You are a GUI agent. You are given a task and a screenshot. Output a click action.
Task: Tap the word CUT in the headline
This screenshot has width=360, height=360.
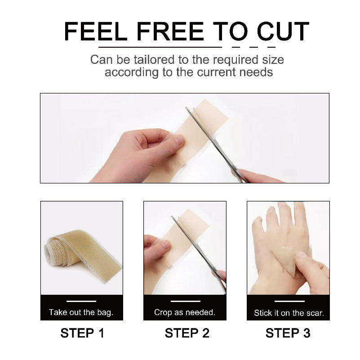(x=283, y=32)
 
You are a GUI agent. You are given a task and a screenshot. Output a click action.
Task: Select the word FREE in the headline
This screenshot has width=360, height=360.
(x=170, y=32)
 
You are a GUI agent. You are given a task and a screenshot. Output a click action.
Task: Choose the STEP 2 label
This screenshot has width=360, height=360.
(x=187, y=333)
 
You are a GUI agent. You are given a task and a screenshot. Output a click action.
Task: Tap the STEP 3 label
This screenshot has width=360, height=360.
(x=288, y=333)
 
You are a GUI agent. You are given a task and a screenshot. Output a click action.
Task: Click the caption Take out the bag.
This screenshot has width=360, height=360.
(x=81, y=312)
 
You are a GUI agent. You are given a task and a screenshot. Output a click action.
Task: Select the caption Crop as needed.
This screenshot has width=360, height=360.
(x=185, y=312)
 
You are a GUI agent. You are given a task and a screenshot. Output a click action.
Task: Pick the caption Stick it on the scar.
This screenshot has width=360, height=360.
(x=289, y=313)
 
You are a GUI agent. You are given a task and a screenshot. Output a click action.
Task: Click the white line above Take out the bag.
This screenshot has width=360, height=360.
(x=81, y=301)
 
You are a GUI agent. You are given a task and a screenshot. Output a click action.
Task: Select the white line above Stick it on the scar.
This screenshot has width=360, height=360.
(x=289, y=301)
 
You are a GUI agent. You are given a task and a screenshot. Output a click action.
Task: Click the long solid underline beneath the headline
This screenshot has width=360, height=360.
(x=160, y=47)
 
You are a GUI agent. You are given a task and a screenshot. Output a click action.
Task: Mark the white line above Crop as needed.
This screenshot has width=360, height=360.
(x=185, y=301)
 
